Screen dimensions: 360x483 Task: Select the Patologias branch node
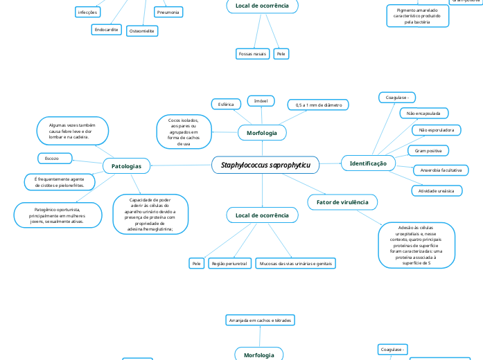(126, 166)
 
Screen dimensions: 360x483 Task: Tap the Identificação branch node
(368, 163)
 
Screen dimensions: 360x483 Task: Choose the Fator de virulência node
(342, 201)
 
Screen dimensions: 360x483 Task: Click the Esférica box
(226, 104)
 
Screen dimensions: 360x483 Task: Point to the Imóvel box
(261, 101)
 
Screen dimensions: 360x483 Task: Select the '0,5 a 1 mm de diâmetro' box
(318, 105)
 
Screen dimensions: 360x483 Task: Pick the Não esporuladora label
(436, 130)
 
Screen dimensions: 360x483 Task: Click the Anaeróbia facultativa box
(441, 170)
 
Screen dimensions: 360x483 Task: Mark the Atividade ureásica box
(436, 190)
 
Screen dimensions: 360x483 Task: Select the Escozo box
(51, 158)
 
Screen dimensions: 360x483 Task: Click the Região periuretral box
(229, 264)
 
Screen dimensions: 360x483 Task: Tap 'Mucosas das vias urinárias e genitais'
(296, 264)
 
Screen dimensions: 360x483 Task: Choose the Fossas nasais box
(252, 53)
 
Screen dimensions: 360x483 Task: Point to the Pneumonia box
(168, 12)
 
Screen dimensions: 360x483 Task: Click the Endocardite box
(106, 30)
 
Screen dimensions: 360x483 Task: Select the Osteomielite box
(143, 31)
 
